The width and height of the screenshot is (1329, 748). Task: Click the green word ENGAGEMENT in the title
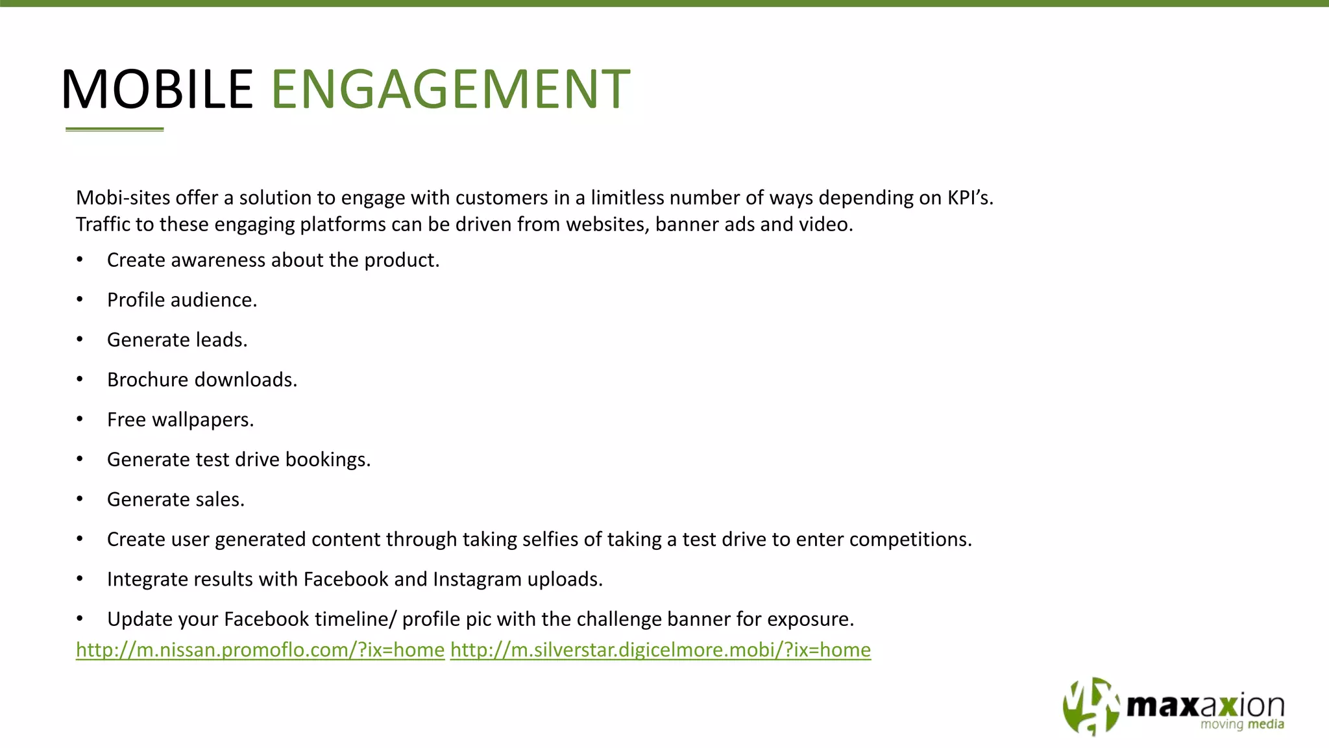point(450,89)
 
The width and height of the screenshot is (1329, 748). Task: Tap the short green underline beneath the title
point(114,129)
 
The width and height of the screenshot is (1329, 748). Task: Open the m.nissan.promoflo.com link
point(260,650)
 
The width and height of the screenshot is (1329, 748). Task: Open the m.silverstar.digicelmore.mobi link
point(660,650)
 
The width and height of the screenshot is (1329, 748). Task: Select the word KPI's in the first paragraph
point(969,198)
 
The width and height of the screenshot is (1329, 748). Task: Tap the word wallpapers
point(202,420)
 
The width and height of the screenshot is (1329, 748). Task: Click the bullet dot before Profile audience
point(80,300)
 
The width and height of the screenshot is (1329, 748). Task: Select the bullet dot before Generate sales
point(80,499)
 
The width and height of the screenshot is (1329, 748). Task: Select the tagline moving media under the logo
point(1242,725)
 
